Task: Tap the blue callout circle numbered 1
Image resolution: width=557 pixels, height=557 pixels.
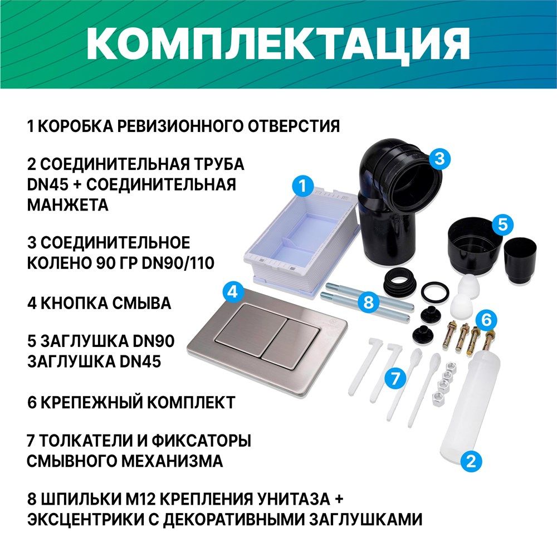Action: (x=302, y=185)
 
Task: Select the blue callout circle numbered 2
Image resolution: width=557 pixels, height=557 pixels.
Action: (x=471, y=461)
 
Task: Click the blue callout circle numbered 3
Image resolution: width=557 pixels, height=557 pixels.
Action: (x=440, y=158)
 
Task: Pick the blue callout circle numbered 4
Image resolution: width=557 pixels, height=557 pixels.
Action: (x=233, y=292)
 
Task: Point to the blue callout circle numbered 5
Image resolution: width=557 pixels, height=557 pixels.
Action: (x=502, y=224)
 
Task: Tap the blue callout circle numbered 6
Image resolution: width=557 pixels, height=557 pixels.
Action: (x=486, y=320)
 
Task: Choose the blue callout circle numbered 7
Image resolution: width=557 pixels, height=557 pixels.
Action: (x=395, y=378)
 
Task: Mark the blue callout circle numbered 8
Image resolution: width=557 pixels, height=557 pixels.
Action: (x=368, y=302)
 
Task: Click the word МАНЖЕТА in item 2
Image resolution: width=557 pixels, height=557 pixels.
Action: (x=68, y=205)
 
